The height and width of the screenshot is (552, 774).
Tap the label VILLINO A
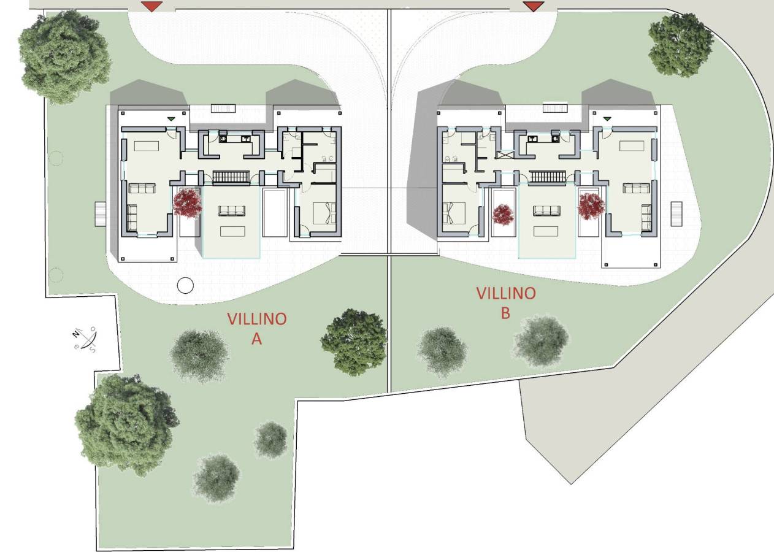pos(257,329)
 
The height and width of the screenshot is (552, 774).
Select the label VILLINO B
pos(506,303)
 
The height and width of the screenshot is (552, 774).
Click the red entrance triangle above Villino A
pos(151,6)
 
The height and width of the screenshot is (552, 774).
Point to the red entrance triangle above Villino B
pos(534,6)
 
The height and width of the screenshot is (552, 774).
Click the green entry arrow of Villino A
pos(171,119)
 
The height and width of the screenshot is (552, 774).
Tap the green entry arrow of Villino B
pos(607,119)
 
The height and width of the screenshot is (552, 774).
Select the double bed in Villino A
pos(324,213)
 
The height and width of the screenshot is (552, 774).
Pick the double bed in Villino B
pos(454,213)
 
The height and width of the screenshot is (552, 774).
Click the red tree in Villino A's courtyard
pos(187,202)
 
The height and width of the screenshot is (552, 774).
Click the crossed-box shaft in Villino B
pos(505,155)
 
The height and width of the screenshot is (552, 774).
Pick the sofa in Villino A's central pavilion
pos(231,210)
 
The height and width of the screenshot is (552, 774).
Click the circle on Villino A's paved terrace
pos(185,285)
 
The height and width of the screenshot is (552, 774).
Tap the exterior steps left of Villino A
pos(100,214)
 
